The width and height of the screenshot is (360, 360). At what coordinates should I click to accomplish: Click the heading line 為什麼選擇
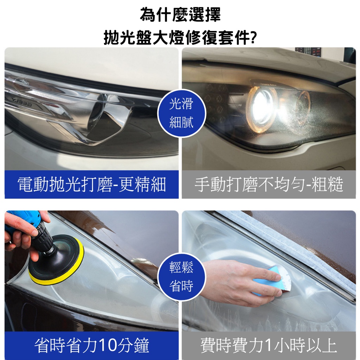(180, 14)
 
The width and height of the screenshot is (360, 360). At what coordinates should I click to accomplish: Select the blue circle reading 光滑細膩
(181, 113)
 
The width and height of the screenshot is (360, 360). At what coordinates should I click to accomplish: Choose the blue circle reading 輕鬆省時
(181, 277)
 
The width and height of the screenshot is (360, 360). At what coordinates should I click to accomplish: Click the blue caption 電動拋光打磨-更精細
(92, 185)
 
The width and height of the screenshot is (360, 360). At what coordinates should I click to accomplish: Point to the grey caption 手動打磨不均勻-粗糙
(269, 185)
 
